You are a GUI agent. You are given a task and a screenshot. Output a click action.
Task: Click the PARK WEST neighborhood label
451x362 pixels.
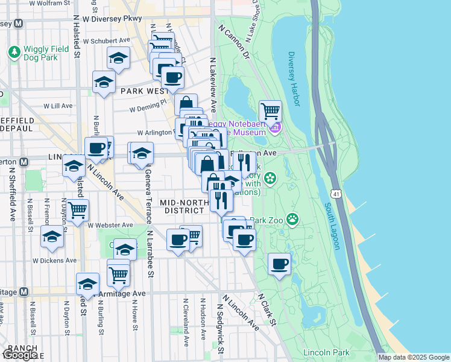click(x=144, y=91)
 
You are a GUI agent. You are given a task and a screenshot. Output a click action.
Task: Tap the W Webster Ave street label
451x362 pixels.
click(x=110, y=224)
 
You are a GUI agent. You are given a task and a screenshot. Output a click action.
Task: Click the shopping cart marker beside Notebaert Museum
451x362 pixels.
click(x=271, y=112)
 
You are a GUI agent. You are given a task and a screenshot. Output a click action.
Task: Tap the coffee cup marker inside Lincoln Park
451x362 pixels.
click(x=279, y=264)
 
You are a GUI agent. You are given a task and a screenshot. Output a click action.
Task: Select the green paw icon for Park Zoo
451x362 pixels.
click(x=292, y=218)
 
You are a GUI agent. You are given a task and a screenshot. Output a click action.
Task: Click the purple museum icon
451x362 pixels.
click(x=274, y=128)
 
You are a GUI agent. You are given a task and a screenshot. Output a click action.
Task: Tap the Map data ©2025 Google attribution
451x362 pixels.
click(x=414, y=357)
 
